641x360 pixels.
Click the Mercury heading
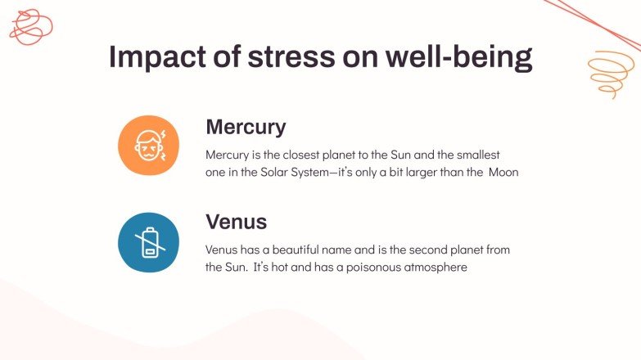click(246, 127)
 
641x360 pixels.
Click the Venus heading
click(237, 222)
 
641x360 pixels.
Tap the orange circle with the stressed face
click(148, 146)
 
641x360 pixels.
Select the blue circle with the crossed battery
click(148, 242)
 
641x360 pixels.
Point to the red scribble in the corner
click(30, 25)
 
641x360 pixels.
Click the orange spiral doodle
click(611, 74)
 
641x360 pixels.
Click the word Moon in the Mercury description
click(503, 173)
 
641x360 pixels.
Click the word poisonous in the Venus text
click(356, 268)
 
